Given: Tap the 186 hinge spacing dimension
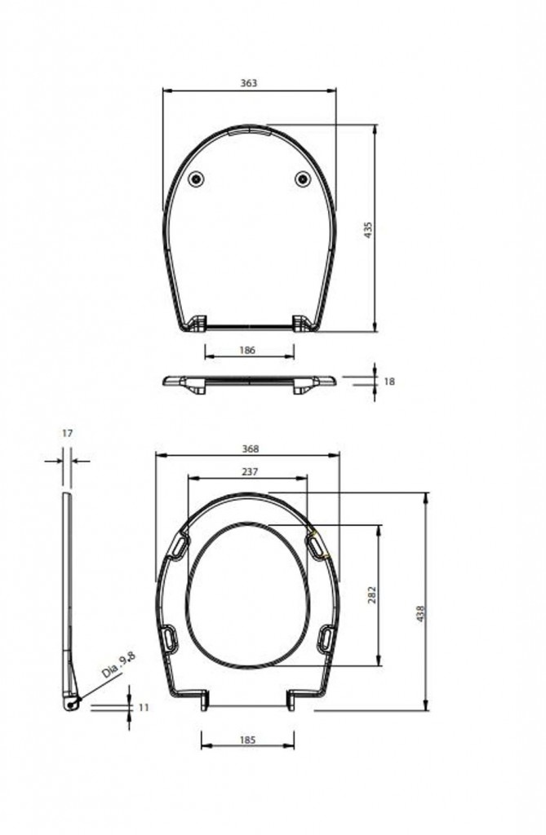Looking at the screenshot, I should [248, 350].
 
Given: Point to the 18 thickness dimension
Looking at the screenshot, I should [388, 381].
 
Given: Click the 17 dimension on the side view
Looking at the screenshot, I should [67, 434].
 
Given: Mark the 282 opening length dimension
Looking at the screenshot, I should [371, 594].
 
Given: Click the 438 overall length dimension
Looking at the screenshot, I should [419, 612].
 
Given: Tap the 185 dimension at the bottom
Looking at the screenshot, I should [248, 740].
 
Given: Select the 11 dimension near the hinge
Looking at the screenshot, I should [144, 708].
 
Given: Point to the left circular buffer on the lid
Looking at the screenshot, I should [196, 179].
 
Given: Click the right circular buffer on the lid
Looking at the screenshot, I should [303, 179].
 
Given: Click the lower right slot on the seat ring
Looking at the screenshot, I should [326, 636].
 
